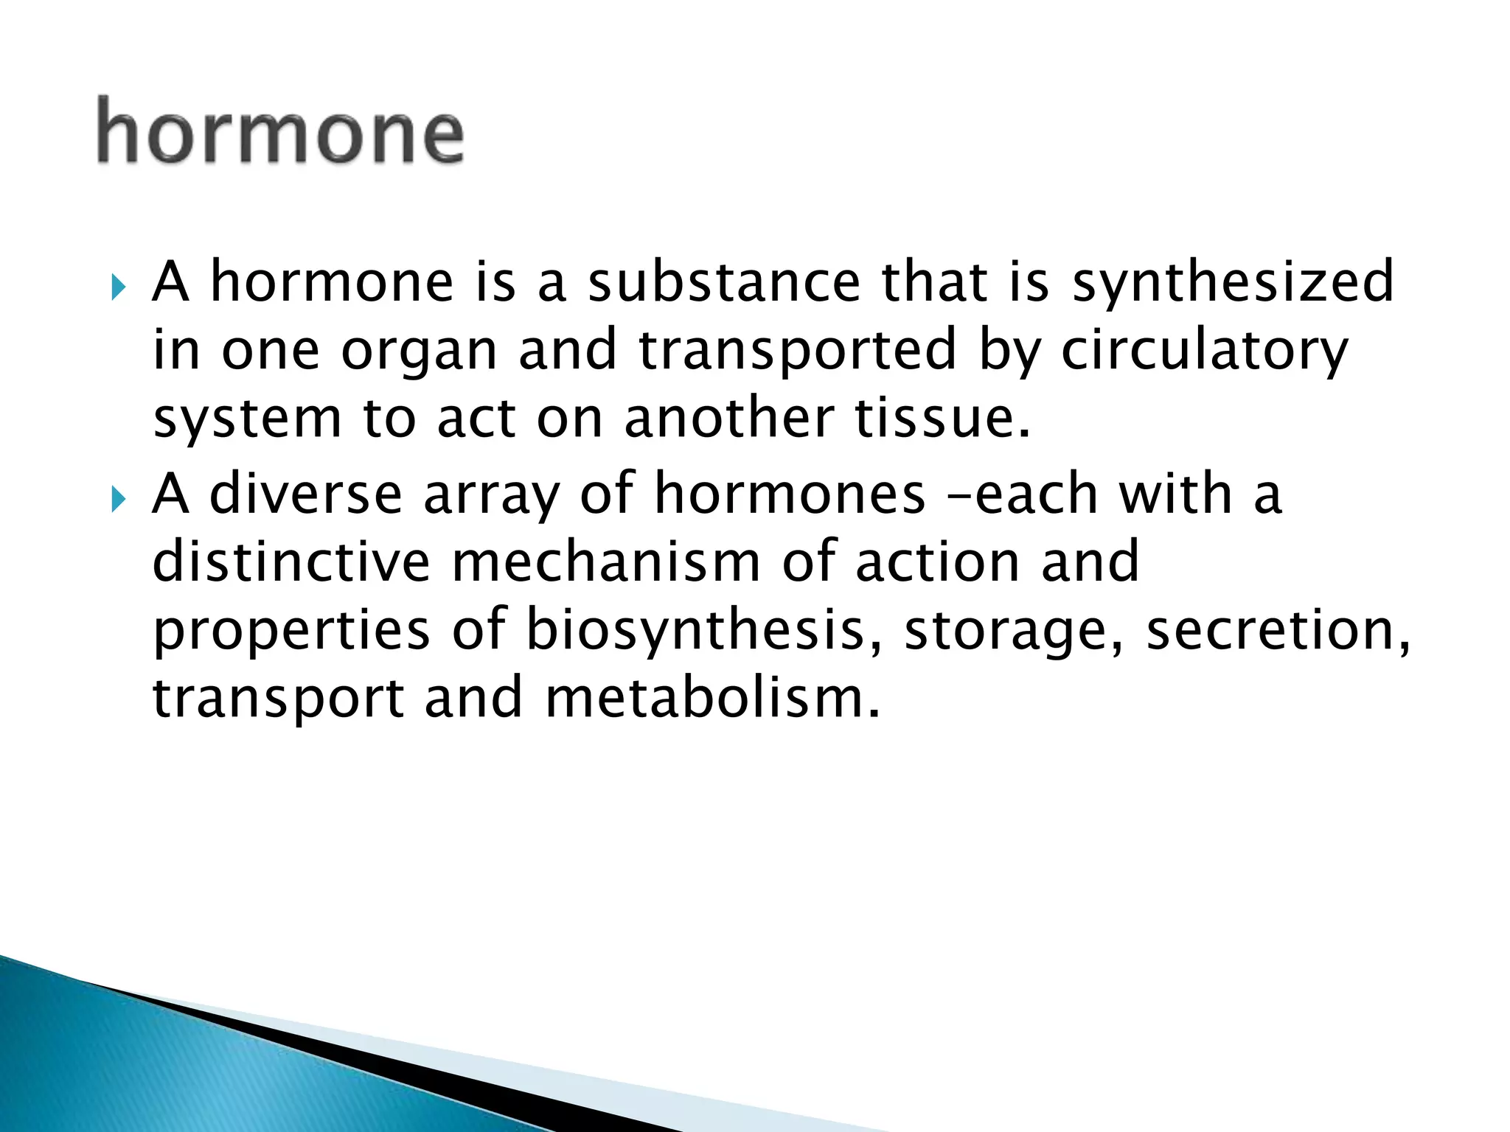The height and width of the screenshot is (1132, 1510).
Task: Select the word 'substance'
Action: [724, 282]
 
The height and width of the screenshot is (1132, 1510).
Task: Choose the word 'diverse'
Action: [306, 494]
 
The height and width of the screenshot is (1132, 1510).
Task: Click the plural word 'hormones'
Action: [790, 494]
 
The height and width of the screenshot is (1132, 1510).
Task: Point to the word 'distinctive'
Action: [291, 562]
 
